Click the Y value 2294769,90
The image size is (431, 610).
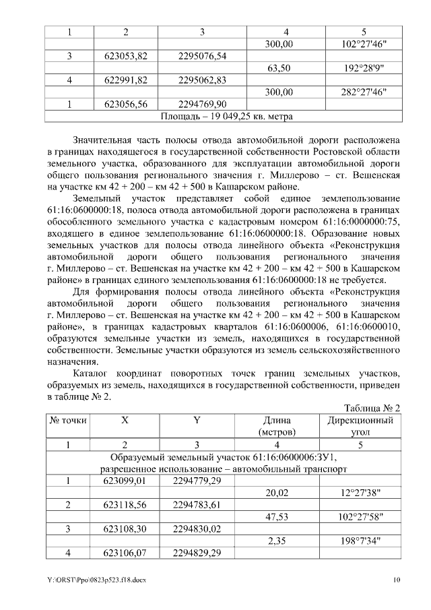(x=203, y=104)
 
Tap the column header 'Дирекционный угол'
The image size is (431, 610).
(x=364, y=426)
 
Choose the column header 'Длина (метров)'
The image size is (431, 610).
(x=279, y=426)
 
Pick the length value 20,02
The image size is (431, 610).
(x=279, y=493)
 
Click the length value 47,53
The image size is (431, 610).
(x=279, y=517)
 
